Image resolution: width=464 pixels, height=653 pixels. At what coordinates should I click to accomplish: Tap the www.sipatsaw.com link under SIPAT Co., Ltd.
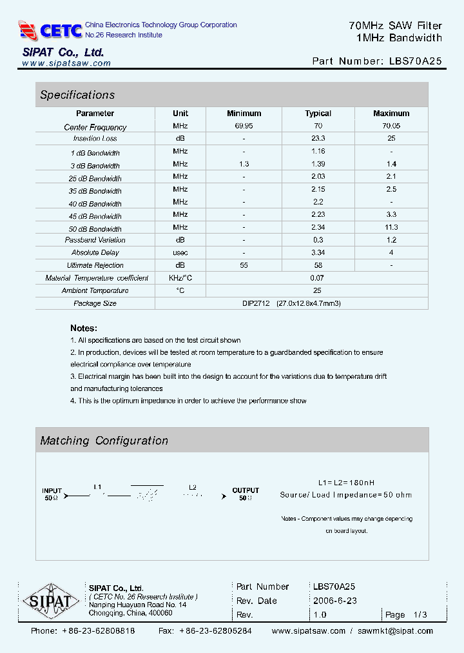66,63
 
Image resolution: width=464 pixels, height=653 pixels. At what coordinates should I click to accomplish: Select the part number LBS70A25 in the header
416,61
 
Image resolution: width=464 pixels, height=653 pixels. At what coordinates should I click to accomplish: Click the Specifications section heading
77,95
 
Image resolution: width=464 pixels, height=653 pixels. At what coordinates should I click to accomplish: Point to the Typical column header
318,114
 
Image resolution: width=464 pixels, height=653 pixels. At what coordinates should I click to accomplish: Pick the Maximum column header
391,114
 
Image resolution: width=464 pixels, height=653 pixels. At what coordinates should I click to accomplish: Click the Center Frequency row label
95,127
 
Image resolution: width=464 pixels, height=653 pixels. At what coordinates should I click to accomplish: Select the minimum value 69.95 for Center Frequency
244,126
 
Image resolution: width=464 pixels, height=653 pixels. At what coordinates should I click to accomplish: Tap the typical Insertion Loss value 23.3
318,138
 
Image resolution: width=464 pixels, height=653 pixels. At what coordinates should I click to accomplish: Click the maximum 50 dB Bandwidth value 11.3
391,227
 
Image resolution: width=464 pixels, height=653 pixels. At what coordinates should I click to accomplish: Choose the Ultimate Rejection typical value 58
318,265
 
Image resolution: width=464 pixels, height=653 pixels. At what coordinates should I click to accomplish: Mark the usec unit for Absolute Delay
180,252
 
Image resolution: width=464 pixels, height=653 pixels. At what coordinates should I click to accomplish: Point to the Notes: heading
84,328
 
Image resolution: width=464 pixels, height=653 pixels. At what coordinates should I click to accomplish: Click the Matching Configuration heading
104,441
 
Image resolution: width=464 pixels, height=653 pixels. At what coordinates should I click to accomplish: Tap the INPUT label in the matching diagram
52,490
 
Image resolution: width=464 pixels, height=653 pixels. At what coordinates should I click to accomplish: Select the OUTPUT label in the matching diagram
246,490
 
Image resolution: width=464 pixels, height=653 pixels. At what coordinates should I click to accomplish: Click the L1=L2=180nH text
346,483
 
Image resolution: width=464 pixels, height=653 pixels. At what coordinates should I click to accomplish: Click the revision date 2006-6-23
334,601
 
